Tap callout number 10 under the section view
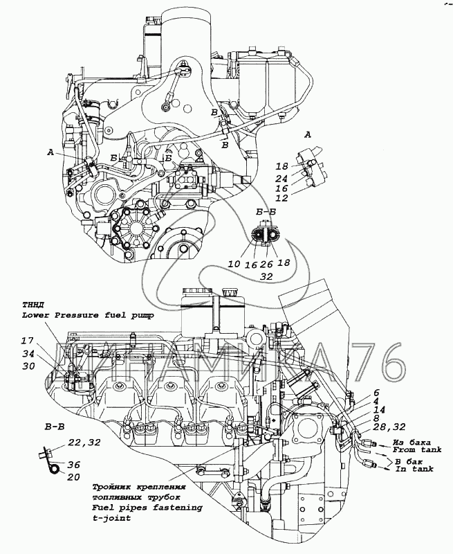(232, 265)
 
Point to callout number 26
(266, 265)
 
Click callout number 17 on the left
(27, 341)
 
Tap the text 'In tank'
(414, 469)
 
